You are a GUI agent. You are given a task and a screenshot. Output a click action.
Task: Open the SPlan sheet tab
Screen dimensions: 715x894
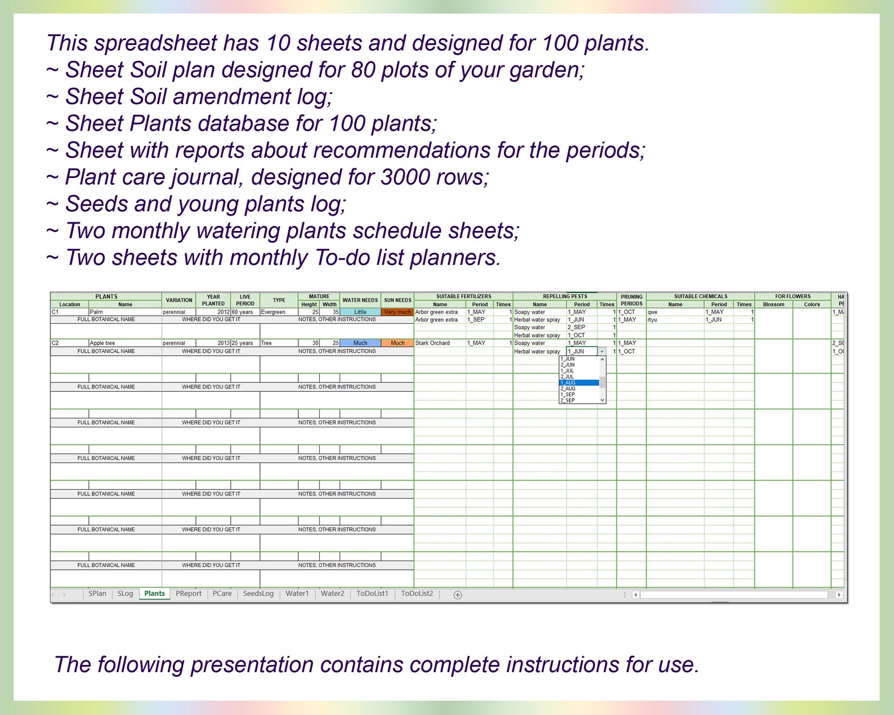point(97,593)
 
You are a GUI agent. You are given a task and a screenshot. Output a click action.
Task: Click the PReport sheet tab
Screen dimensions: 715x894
point(188,593)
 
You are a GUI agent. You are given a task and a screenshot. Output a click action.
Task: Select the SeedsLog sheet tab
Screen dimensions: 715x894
point(258,593)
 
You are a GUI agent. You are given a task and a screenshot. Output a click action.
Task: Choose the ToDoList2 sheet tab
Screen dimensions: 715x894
point(417,593)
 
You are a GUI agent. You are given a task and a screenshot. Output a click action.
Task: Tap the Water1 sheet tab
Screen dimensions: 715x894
point(297,593)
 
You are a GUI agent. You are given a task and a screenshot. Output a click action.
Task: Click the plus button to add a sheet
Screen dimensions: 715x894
point(458,595)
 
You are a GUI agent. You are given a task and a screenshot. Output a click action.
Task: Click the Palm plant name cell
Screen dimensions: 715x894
point(124,312)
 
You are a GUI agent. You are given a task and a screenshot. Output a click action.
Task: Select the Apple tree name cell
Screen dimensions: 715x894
point(124,343)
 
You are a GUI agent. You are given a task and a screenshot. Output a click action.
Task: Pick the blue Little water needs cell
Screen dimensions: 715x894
point(360,312)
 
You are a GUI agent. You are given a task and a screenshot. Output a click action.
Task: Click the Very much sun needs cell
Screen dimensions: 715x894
point(397,312)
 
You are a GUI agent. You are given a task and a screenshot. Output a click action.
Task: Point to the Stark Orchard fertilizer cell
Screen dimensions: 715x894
point(440,343)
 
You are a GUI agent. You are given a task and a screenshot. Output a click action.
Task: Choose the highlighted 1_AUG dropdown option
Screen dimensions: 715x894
point(579,383)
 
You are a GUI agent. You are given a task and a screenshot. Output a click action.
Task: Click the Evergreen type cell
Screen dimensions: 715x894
point(279,312)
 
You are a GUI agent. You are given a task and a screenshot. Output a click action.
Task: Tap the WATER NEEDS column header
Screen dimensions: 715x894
point(360,300)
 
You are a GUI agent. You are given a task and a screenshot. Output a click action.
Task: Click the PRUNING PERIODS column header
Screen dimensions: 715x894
point(631,300)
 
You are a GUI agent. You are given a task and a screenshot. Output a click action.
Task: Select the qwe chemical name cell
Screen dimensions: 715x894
point(675,312)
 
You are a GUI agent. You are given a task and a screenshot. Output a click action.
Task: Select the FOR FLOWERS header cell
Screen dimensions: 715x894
point(792,296)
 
